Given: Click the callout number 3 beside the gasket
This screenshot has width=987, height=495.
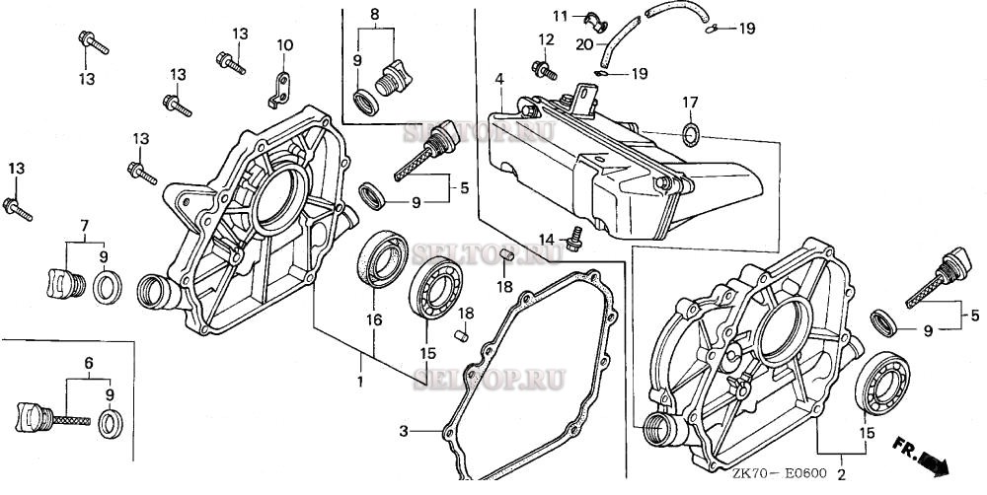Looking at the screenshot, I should tap(404, 431).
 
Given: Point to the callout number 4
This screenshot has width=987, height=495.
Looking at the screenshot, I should tap(500, 79).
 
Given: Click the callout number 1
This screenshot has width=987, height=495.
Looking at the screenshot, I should tap(361, 381).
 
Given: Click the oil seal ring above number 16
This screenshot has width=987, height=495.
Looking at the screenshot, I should tap(375, 268).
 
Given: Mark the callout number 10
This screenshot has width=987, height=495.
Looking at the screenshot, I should tap(284, 45).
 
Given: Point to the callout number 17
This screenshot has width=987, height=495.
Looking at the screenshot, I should tap(691, 102).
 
